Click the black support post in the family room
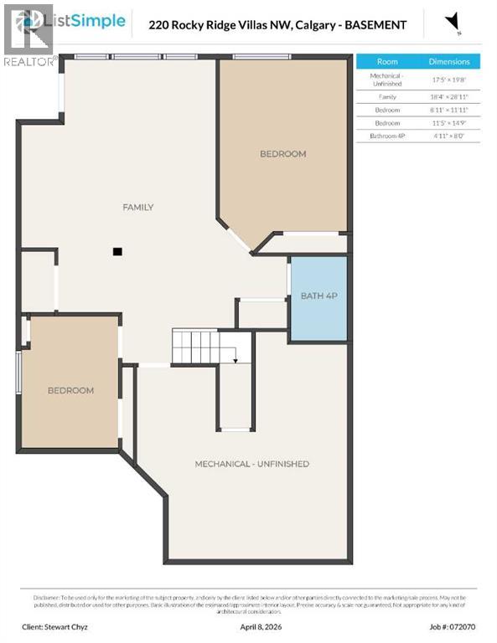[118, 250]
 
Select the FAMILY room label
[138, 207]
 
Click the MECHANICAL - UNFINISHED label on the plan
[251, 464]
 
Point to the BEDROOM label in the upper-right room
[282, 154]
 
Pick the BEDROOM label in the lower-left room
[70, 390]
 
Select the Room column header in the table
[387, 61]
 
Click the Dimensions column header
[449, 61]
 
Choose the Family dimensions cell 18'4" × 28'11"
[449, 97]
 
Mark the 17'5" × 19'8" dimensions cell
[449, 80]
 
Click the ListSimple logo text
[89, 21]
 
